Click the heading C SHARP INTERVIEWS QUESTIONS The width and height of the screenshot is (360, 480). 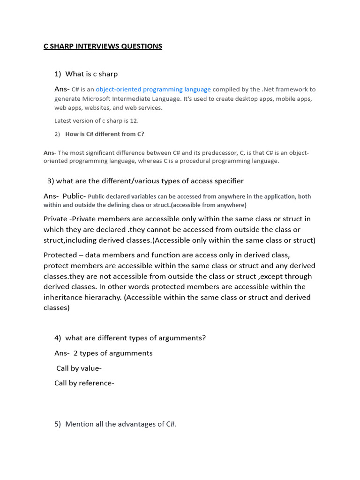coord(103,46)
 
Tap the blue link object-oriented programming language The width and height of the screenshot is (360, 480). coord(153,89)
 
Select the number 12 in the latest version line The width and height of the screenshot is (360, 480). coord(134,120)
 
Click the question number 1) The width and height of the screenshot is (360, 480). coord(58,74)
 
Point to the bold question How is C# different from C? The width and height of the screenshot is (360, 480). coord(105,134)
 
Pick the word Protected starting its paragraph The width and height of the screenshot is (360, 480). coord(60,255)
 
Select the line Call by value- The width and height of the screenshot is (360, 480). coord(79,368)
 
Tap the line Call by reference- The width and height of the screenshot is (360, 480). coord(84,383)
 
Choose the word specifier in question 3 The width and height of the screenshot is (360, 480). coord(229,181)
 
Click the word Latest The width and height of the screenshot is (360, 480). coord(63,120)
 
